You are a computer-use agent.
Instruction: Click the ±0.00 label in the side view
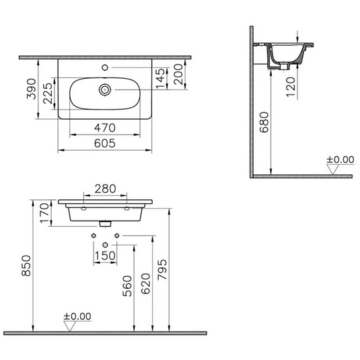pyautogui.click(x=340, y=160)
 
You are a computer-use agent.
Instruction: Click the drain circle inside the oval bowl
pyautogui.click(x=105, y=89)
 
